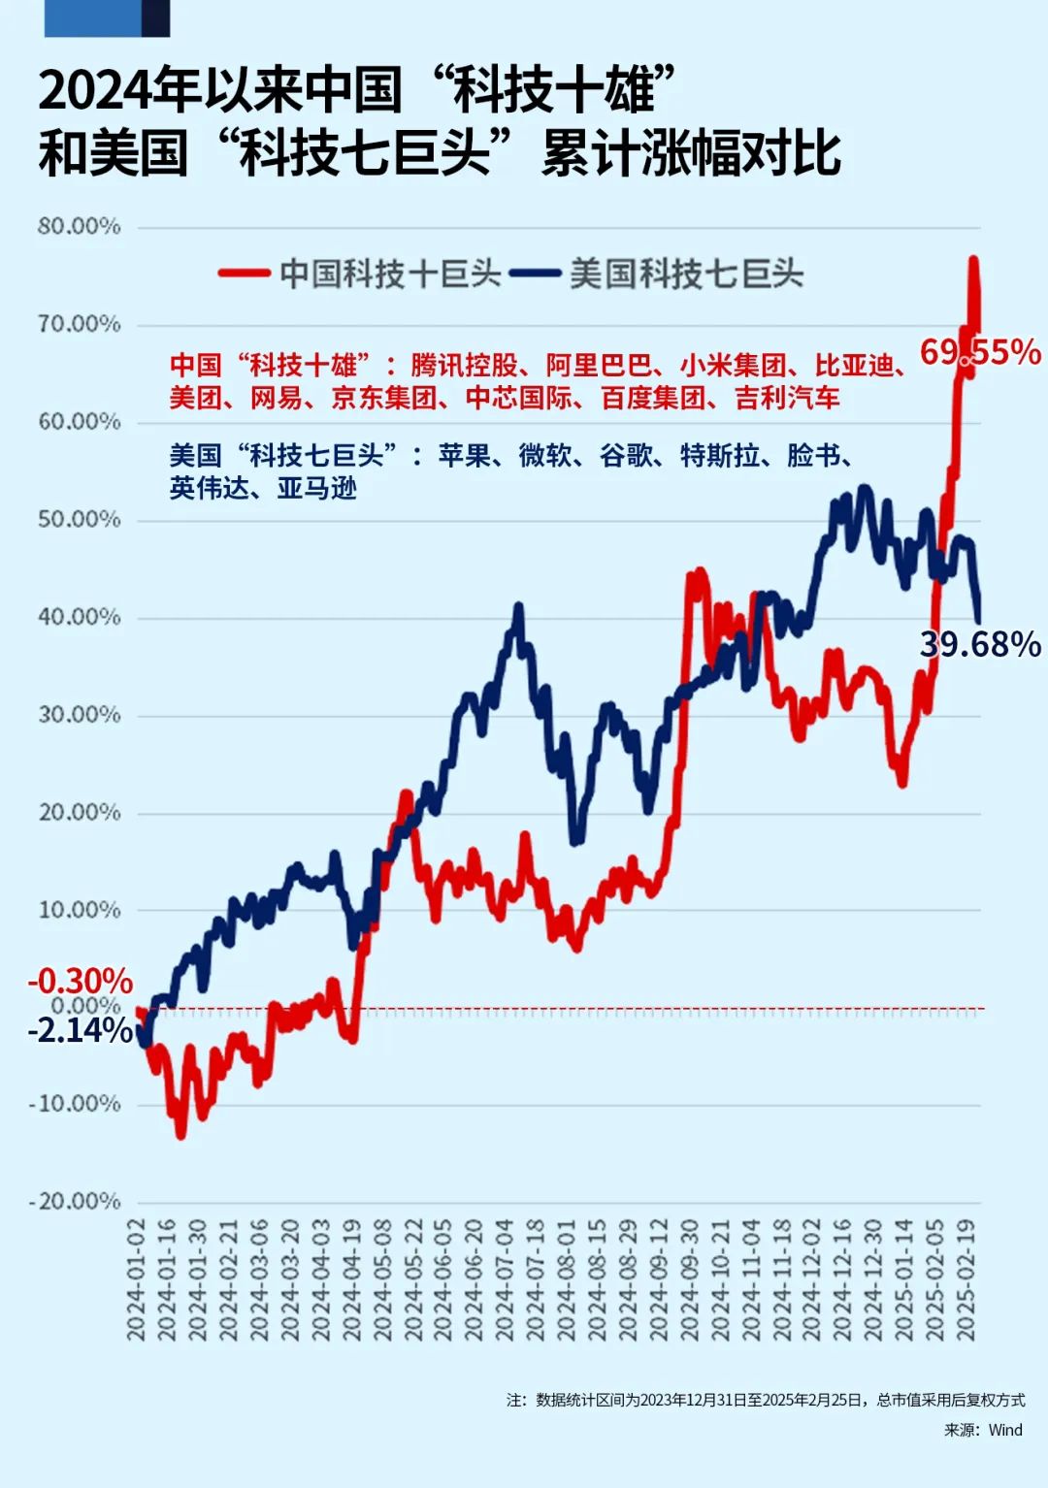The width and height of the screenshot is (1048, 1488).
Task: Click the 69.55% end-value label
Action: tap(980, 351)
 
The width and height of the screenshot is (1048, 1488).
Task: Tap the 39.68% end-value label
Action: tap(980, 644)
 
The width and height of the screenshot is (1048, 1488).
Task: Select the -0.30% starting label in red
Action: tap(80, 981)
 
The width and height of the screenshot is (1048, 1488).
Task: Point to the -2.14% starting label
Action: tap(80, 1030)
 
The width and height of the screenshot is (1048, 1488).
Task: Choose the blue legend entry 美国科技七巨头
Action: tap(686, 274)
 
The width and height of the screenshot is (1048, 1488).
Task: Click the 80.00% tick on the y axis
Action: tap(80, 227)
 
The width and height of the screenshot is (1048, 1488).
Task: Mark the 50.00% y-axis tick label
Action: tap(80, 520)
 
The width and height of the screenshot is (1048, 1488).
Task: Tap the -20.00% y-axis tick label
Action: tap(75, 1202)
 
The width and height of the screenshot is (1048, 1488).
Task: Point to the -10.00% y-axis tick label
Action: tap(75, 1104)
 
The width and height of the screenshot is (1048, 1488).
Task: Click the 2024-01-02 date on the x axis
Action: tap(136, 1280)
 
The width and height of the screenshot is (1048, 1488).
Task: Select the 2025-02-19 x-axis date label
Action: tap(966, 1280)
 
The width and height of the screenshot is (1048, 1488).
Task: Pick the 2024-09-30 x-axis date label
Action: tap(689, 1280)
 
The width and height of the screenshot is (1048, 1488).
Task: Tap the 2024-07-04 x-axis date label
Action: tap(505, 1280)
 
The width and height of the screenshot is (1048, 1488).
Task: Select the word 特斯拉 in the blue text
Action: tap(720, 455)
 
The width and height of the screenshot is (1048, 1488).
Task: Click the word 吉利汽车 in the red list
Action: tap(787, 398)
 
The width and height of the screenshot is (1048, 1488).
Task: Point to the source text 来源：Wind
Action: tap(983, 1430)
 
